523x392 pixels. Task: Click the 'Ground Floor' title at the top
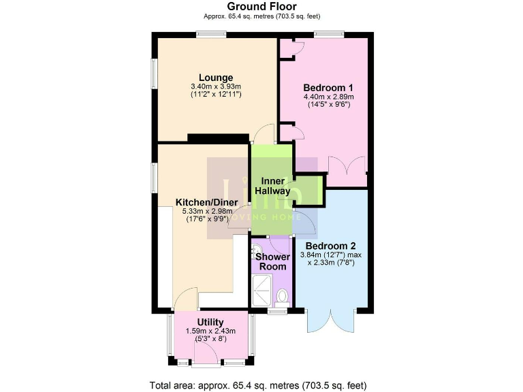[261, 6]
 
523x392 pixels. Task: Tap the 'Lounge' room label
[217, 77]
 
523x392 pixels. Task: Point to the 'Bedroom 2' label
[330, 246]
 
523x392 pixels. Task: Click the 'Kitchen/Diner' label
[206, 202]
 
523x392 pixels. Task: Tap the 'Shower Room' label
[272, 262]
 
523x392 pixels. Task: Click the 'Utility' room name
[210, 322]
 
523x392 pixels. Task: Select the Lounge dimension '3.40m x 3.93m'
[217, 86]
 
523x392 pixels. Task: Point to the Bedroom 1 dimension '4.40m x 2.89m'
[328, 97]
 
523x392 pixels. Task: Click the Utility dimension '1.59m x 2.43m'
[210, 331]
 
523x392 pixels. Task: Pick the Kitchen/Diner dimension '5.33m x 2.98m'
[206, 212]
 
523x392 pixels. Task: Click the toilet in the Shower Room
[283, 296]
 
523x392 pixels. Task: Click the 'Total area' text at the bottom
[261, 385]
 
